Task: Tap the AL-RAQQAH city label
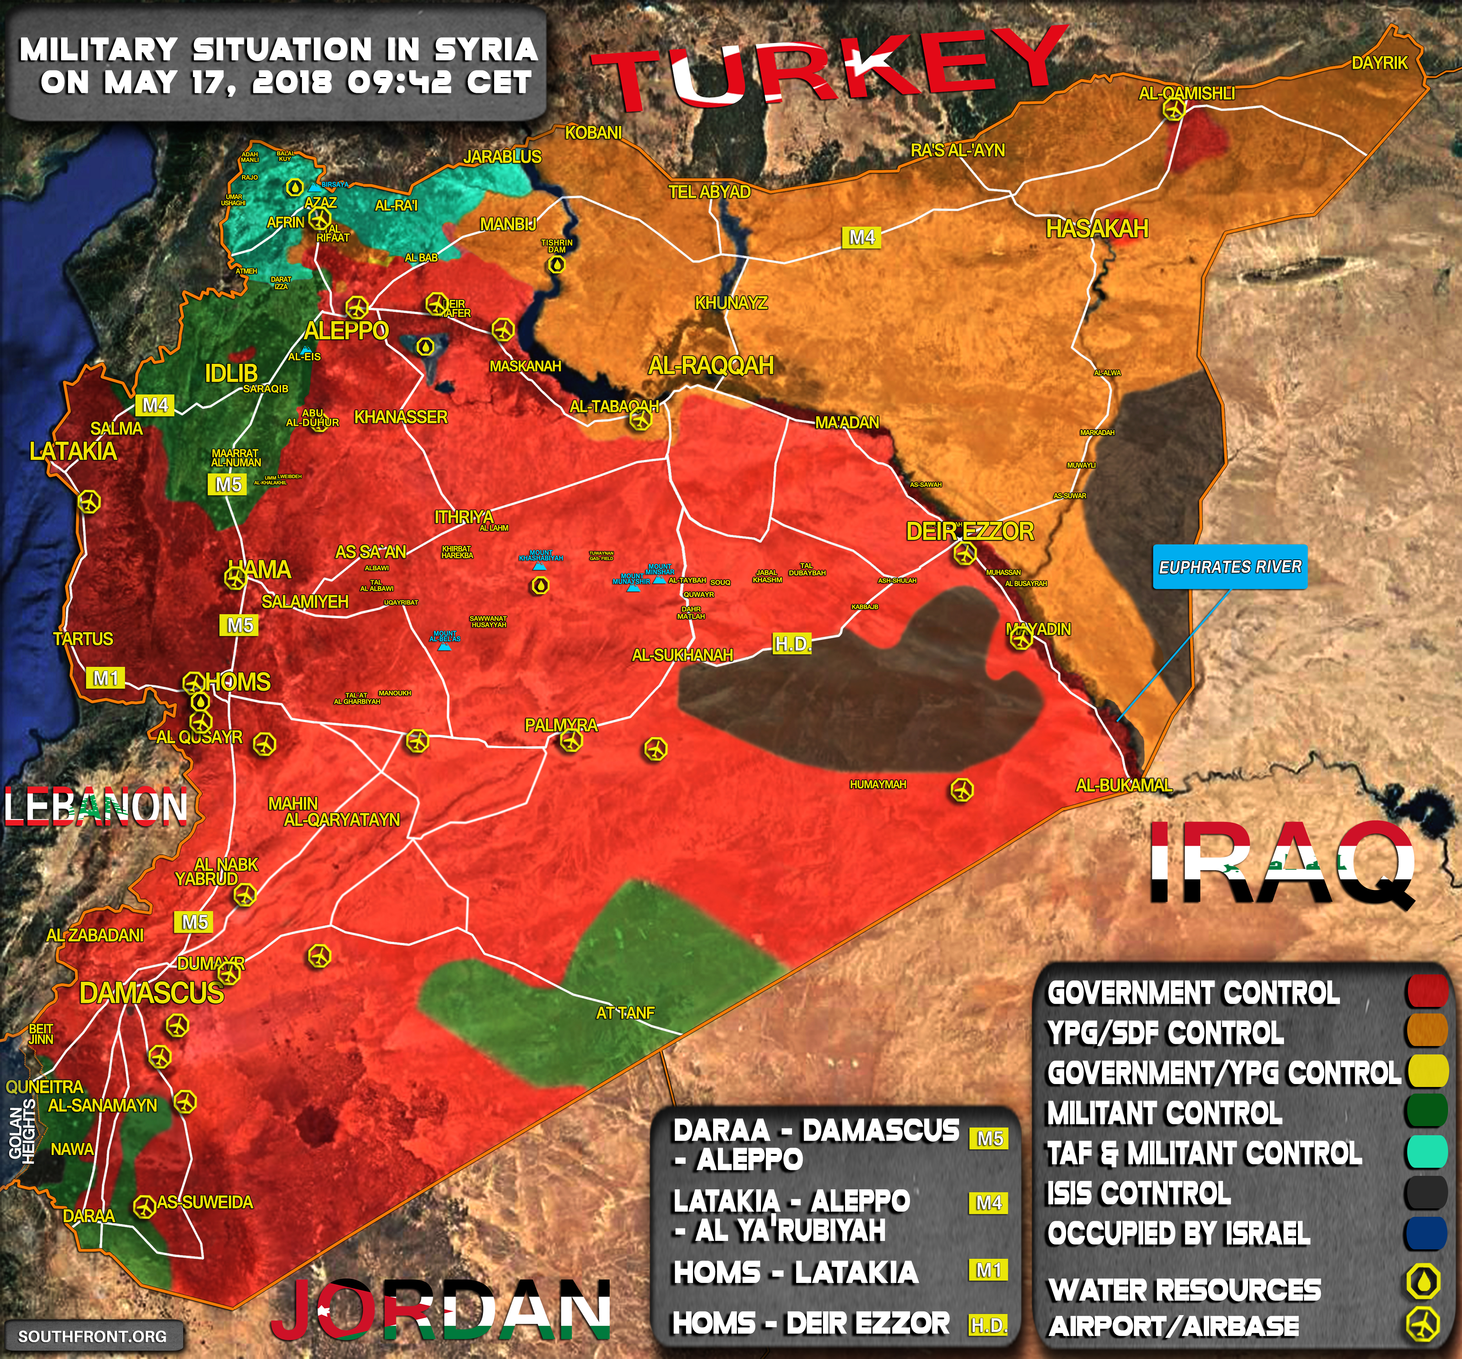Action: click(x=711, y=366)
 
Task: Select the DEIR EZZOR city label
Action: click(x=970, y=531)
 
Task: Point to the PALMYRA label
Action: click(x=561, y=725)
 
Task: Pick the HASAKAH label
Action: click(x=1097, y=229)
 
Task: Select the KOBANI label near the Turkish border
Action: click(x=593, y=132)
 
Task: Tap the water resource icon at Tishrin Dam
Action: click(x=557, y=264)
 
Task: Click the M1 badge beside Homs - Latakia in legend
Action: click(x=989, y=1270)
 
